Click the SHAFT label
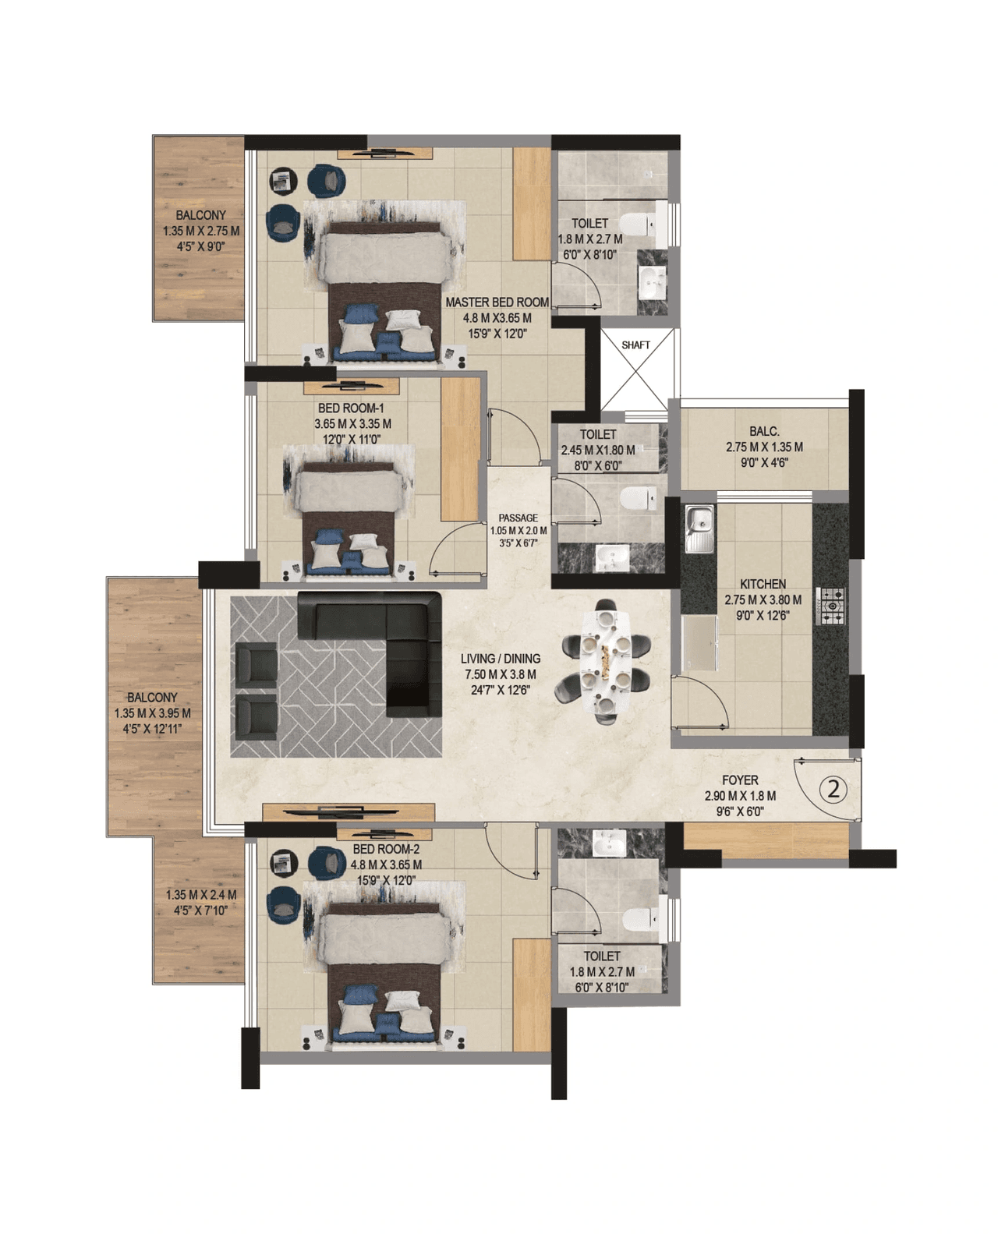[x=635, y=345]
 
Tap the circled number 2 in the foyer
[x=833, y=789]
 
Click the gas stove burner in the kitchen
[x=832, y=606]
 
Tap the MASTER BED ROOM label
[x=497, y=302]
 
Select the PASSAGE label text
[x=518, y=518]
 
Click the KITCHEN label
[x=763, y=584]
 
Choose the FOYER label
[x=739, y=780]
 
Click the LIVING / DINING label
[x=500, y=659]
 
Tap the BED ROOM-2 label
[x=386, y=849]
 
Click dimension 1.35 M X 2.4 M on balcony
[x=200, y=895]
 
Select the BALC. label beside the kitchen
[x=764, y=431]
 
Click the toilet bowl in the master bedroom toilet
[x=644, y=224]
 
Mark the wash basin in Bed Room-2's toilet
[x=609, y=843]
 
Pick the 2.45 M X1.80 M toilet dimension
[x=597, y=450]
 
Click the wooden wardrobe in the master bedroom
[x=532, y=203]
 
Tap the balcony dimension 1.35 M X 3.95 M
[x=152, y=713]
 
